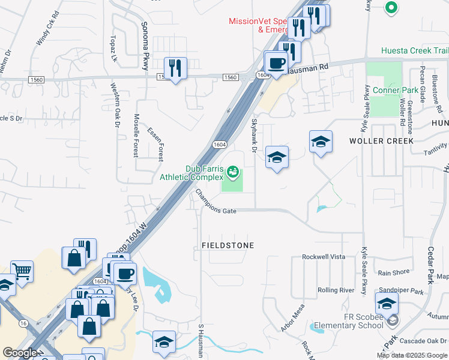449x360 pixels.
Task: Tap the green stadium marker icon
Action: coord(232,173)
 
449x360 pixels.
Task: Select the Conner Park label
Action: coord(394,91)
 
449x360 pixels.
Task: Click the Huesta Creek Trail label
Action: coord(415,51)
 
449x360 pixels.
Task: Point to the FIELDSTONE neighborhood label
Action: coord(228,245)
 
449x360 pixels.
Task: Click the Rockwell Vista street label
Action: coord(324,256)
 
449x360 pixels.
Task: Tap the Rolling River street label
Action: coord(336,290)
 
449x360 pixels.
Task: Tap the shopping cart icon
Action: coord(22,271)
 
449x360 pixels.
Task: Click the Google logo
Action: coord(20,353)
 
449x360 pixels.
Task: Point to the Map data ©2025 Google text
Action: coord(412,355)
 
